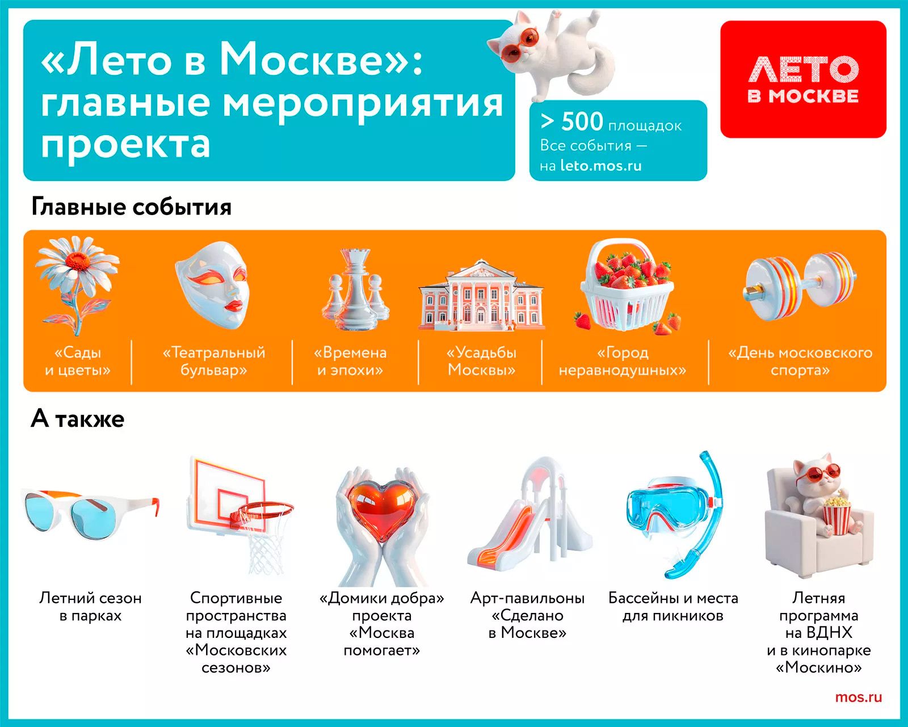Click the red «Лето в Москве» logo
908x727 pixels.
(803, 79)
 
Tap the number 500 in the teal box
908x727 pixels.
(582, 122)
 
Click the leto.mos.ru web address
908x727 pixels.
(601, 166)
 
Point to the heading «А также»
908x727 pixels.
(78, 419)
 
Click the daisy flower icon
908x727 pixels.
(78, 285)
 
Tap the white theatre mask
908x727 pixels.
(212, 285)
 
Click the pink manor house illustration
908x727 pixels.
(481, 295)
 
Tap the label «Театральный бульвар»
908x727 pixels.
(214, 361)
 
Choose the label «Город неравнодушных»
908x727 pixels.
(623, 361)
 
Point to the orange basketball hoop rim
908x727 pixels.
(266, 511)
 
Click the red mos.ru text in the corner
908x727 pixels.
(858, 697)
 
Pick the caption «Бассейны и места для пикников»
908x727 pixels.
(673, 607)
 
